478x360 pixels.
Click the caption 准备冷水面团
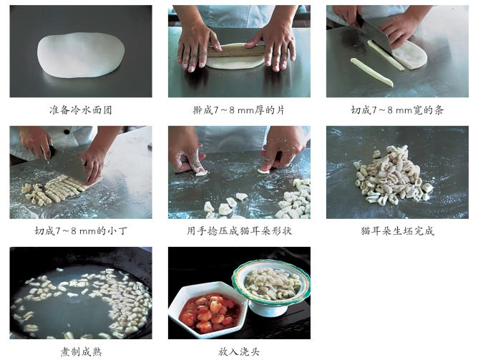click(x=81, y=110)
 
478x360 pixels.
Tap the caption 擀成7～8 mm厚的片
click(x=239, y=110)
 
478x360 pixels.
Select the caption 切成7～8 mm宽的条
click(x=397, y=110)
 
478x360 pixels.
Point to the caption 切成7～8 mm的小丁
click(x=81, y=230)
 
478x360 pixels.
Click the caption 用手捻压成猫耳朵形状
click(x=239, y=230)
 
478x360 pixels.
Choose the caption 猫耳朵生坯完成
click(x=397, y=230)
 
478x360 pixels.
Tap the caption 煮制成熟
click(x=81, y=352)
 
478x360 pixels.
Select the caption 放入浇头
click(x=239, y=352)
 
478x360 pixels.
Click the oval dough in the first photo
click(x=81, y=54)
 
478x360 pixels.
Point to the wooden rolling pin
click(x=236, y=51)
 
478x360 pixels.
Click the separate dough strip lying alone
click(x=371, y=72)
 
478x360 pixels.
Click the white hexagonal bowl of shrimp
click(x=208, y=310)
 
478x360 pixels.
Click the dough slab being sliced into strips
click(x=409, y=55)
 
